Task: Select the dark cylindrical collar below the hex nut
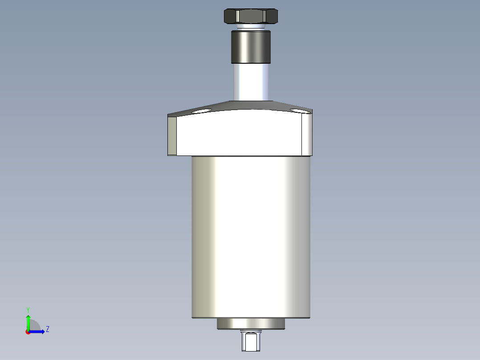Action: [250, 46]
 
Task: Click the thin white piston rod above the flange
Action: [250, 82]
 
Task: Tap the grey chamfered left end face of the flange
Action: [172, 135]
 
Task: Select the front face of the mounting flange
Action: [240, 134]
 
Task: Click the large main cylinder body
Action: [251, 236]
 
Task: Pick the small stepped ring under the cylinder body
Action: [251, 324]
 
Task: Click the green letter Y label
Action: [28, 309]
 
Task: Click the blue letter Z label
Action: [47, 329]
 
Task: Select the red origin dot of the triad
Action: [28, 332]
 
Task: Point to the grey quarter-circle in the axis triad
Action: [34, 326]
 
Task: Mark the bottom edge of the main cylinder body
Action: [251, 318]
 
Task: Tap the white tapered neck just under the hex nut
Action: [250, 28]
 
